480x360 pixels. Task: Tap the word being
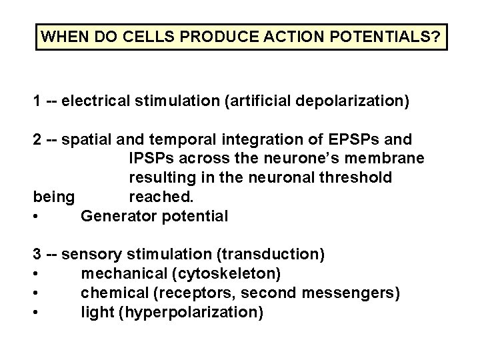coord(55,198)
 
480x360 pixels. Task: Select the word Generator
coord(117,217)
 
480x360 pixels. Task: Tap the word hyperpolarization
coord(190,312)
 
